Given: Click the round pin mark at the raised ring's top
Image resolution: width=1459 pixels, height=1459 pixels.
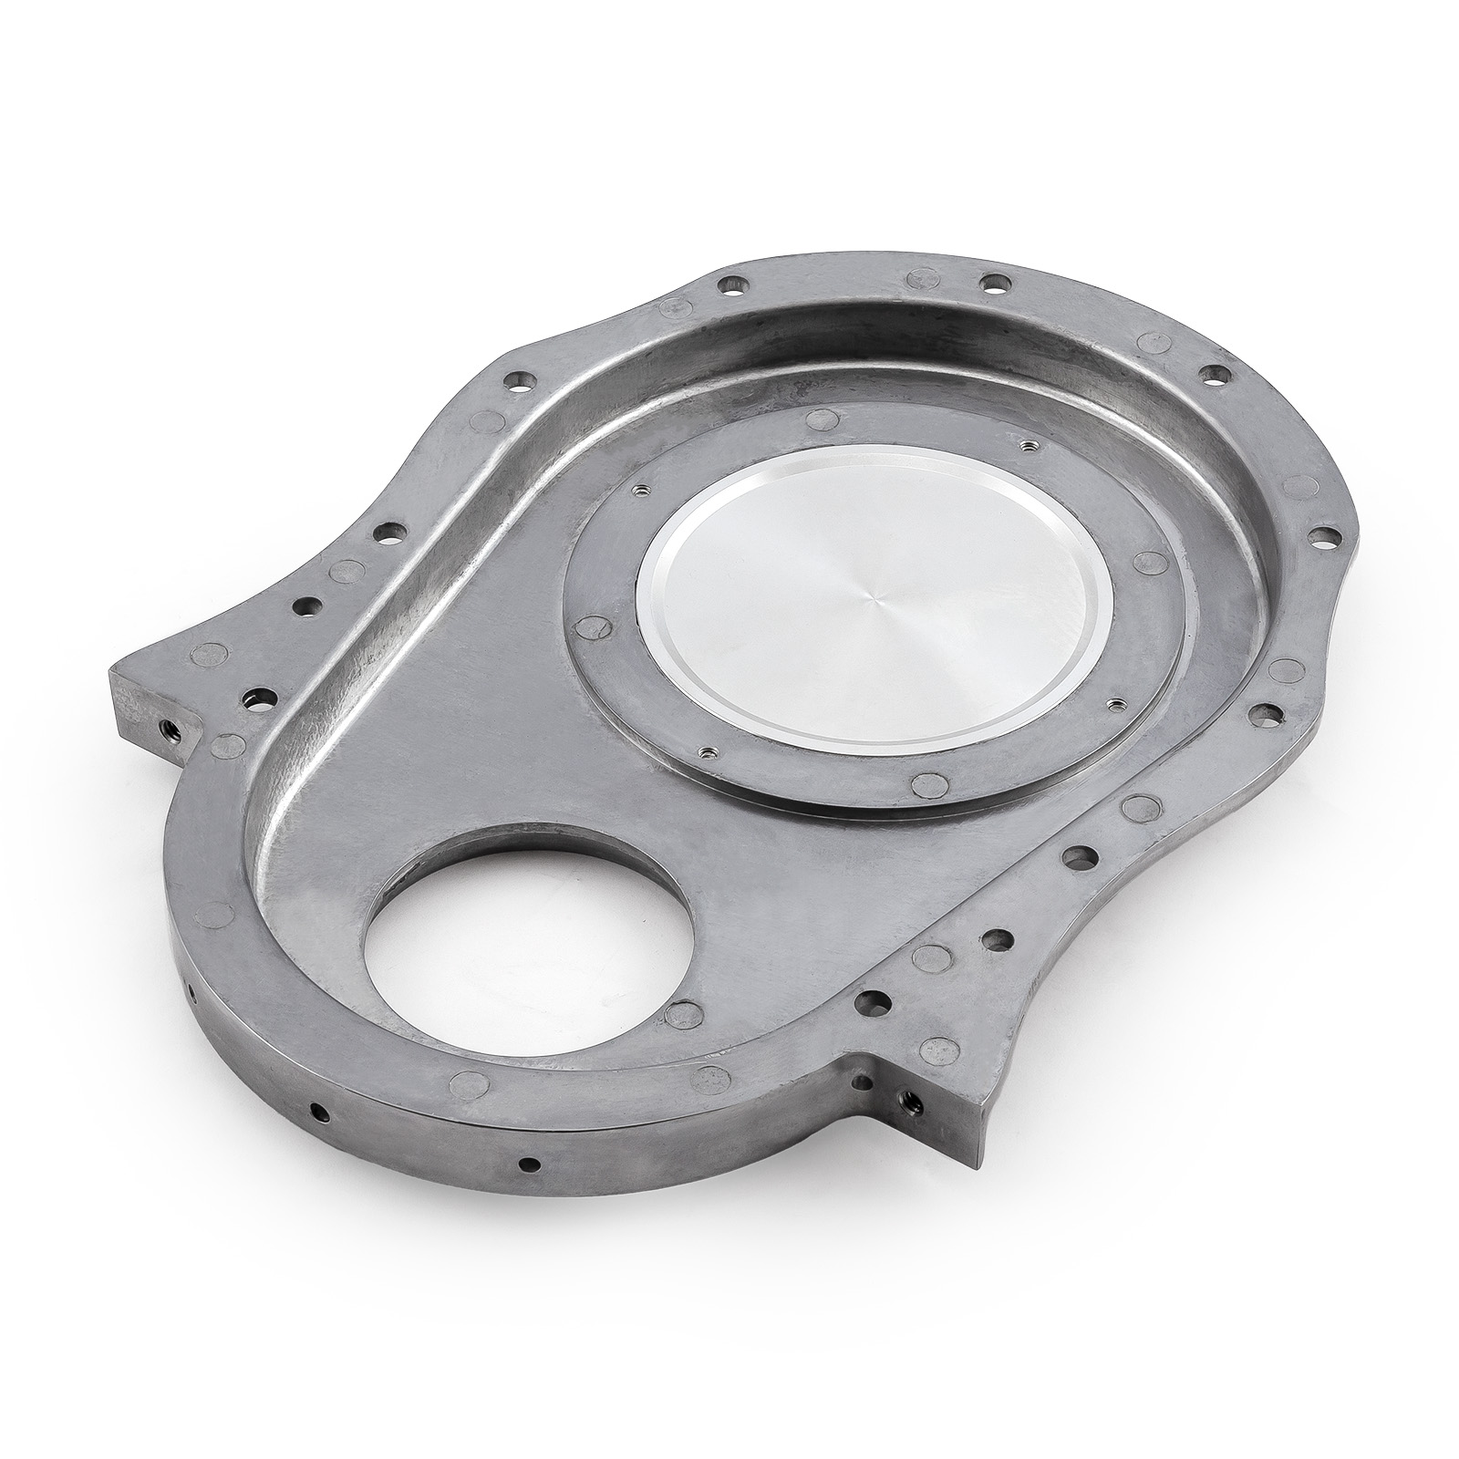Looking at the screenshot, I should pyautogui.click(x=819, y=419).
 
